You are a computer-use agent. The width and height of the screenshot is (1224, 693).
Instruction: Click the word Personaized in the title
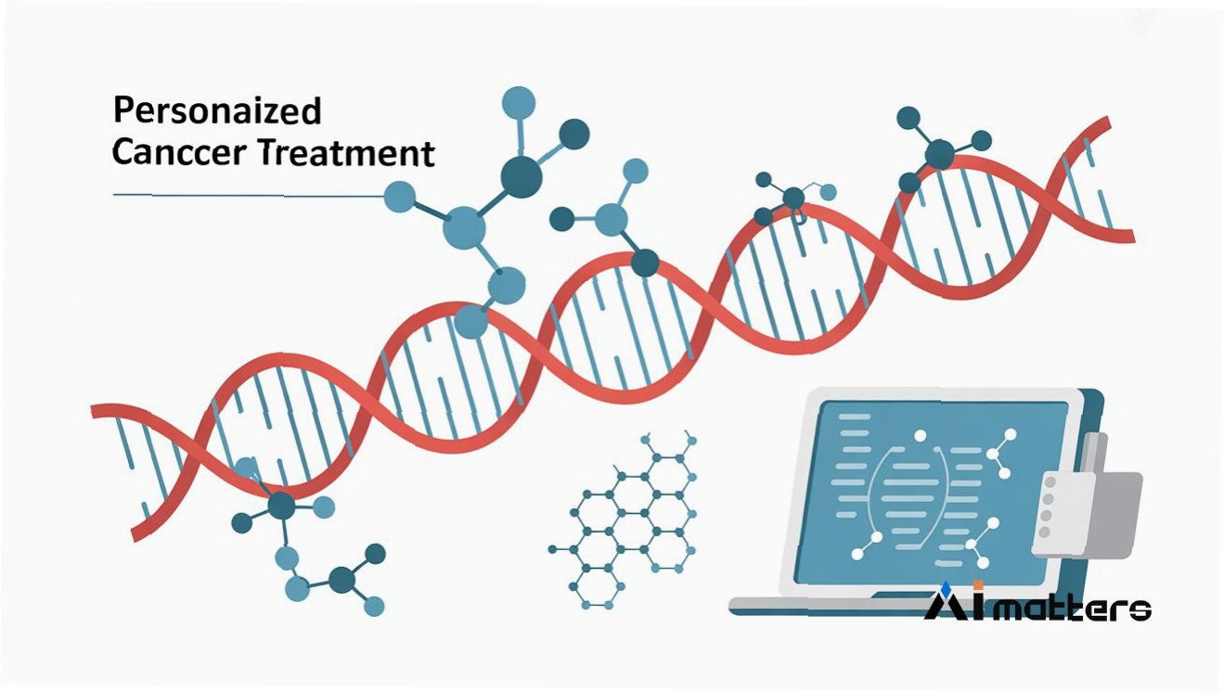(x=216, y=111)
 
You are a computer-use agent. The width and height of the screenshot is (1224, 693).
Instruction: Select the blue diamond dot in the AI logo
(x=945, y=587)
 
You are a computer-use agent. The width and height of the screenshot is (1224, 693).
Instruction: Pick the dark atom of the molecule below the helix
(x=280, y=506)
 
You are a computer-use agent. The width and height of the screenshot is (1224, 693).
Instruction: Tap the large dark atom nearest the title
(x=521, y=173)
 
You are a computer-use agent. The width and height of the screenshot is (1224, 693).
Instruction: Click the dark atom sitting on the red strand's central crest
(x=646, y=263)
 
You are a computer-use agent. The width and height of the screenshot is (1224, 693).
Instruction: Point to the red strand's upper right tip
(x=1103, y=124)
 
